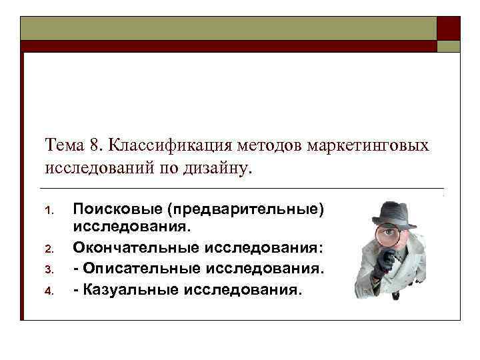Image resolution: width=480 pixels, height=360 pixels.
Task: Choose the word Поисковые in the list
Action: [117, 209]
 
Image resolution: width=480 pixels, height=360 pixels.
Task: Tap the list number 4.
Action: [48, 292]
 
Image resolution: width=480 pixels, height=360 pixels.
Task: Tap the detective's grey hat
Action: [393, 214]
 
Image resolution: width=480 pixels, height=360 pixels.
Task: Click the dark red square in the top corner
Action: [448, 29]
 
